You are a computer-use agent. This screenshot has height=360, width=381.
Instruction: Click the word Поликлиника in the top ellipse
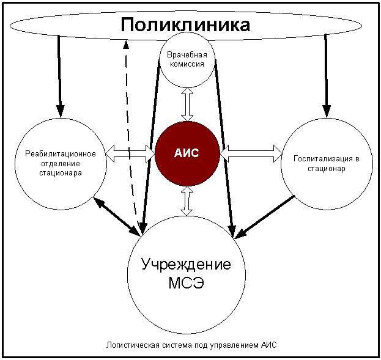[185, 25]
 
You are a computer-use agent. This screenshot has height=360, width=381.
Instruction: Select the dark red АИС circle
[187, 153]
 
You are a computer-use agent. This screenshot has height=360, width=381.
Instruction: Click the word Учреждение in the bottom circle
[186, 265]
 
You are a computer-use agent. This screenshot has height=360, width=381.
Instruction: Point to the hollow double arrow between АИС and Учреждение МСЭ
[187, 200]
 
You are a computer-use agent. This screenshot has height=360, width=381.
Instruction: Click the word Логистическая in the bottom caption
[128, 345]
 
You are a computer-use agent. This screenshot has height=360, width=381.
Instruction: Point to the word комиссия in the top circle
[187, 64]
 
